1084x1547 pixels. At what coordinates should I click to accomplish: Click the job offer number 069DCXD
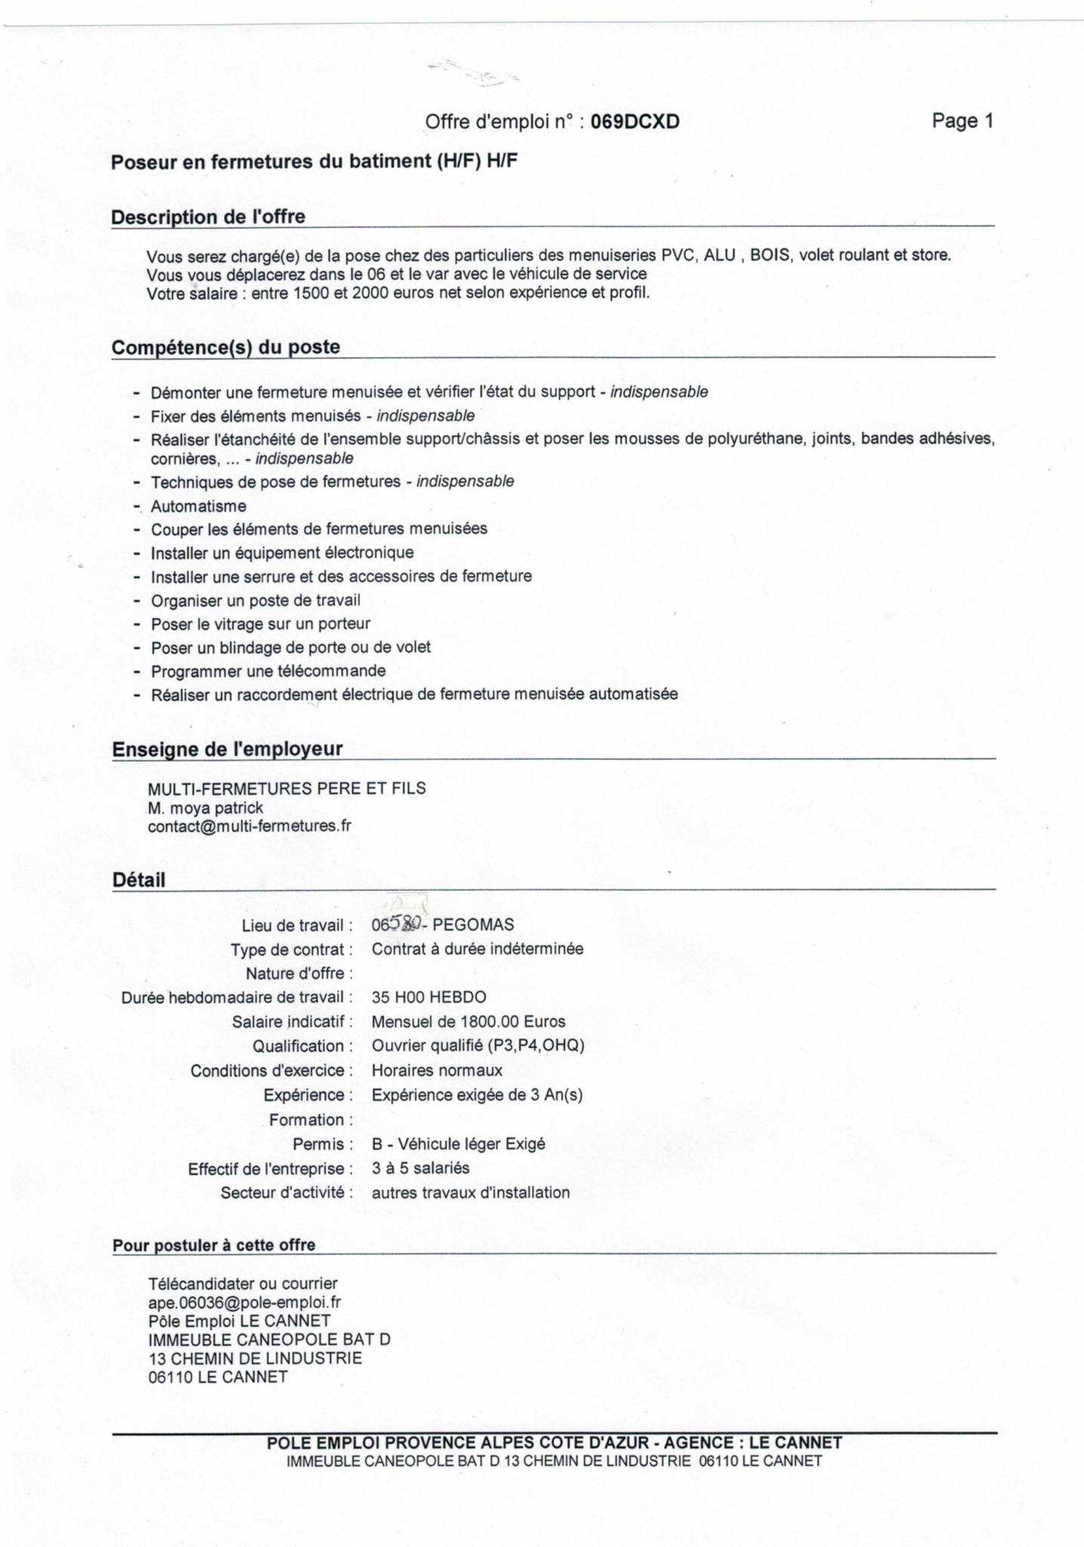(x=635, y=122)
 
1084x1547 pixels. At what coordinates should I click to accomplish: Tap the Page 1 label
(x=962, y=121)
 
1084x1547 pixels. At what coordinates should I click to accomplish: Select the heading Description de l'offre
(x=208, y=217)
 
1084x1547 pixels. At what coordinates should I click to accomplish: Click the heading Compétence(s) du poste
(x=226, y=347)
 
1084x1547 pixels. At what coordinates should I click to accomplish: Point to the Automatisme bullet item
(x=199, y=506)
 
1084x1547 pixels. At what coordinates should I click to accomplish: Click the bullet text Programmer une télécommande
(x=268, y=671)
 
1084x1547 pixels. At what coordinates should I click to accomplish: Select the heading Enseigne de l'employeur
(x=227, y=749)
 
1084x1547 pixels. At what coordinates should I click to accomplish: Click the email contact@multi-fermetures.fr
(x=249, y=826)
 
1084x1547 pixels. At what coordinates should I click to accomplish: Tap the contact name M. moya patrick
(x=205, y=807)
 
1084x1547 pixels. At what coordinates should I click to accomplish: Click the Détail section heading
(x=138, y=880)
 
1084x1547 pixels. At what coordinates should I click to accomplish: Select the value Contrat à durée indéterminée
(x=477, y=949)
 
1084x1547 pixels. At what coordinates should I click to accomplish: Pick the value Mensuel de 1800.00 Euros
(x=468, y=1022)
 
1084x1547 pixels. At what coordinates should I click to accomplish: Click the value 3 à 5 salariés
(x=420, y=1168)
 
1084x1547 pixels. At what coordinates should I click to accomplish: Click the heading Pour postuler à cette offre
(x=214, y=1245)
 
